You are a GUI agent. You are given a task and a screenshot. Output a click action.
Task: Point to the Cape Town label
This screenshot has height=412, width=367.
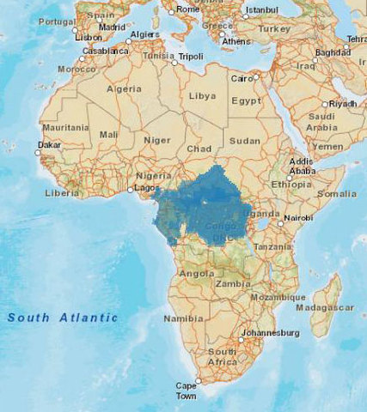[187, 391]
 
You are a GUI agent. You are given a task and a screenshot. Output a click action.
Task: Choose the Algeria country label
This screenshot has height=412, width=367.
[123, 88]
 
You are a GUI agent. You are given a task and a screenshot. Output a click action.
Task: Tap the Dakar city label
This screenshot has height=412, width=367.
[49, 145]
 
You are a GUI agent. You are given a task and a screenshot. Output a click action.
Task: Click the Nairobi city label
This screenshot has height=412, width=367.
[298, 218]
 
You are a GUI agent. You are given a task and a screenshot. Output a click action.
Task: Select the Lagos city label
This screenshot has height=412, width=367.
[146, 187]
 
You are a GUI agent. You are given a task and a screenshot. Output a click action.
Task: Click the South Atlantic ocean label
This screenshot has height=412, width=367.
[63, 318]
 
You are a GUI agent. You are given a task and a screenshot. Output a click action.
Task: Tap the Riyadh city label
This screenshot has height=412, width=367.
[342, 104]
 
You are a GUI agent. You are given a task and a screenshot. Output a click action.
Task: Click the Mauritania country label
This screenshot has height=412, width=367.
[64, 127]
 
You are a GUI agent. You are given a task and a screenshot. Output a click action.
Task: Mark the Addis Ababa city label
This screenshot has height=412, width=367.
[302, 166]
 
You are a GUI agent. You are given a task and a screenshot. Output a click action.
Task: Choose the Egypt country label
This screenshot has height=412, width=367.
[246, 100]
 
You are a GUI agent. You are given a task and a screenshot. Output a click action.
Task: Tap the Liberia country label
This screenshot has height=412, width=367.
[62, 193]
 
